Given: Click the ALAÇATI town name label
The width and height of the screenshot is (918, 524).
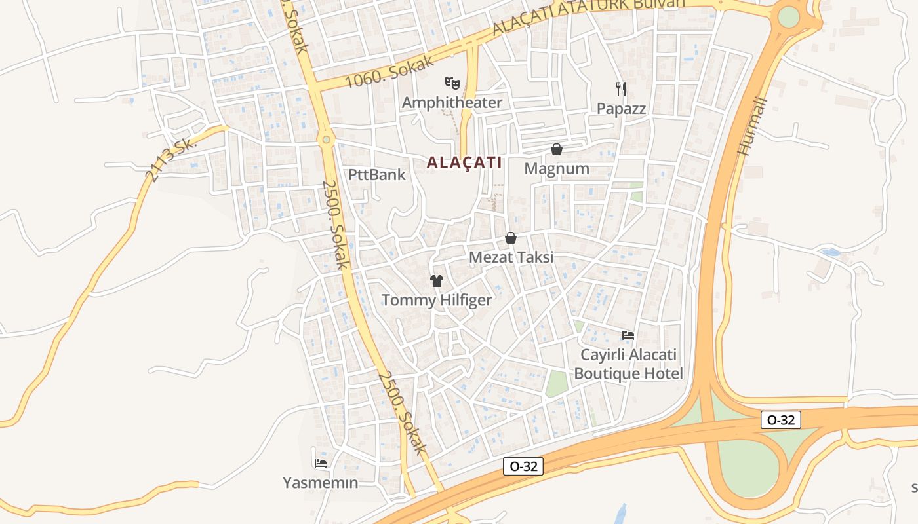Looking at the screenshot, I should tap(464, 162).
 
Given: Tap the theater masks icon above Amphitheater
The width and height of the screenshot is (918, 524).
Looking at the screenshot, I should tap(452, 83).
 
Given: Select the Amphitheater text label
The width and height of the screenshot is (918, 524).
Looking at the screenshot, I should tap(452, 103).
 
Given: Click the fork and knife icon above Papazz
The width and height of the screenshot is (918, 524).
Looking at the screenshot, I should tap(620, 89).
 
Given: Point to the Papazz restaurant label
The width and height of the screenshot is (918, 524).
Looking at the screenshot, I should tap(621, 109).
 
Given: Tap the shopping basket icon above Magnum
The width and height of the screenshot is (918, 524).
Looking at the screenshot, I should tap(557, 149).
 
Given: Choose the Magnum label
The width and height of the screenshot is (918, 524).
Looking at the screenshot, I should tap(557, 169).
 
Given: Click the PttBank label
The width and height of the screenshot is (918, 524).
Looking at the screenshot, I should tap(377, 175).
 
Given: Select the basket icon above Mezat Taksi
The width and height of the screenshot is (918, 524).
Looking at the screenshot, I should tap(511, 238).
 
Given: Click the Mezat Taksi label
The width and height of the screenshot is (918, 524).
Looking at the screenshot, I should tap(511, 257).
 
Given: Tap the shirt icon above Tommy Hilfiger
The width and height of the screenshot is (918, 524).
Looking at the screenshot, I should tap(437, 281).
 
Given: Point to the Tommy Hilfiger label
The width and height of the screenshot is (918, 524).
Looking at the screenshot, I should tap(437, 301).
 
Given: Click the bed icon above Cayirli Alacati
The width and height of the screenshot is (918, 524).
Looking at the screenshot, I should tap(628, 335).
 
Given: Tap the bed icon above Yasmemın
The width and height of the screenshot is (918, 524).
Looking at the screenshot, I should tap(321, 463).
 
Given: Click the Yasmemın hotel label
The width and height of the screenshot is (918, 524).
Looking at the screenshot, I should tap(321, 483).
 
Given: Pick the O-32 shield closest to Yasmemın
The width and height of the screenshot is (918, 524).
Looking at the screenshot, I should tap(523, 466).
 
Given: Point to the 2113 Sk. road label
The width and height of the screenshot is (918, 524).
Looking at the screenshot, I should tap(170, 160).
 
